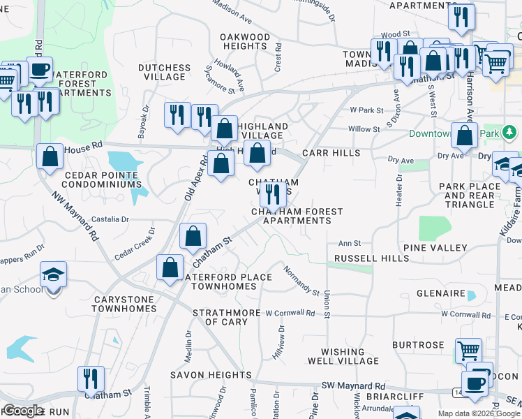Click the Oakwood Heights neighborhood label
245,41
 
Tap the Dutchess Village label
164,72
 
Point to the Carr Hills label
331,152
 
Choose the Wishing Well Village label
343,356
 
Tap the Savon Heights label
210,375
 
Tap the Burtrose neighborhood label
418,345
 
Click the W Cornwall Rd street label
290,313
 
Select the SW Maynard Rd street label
353,385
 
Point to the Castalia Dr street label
111,219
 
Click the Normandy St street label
301,281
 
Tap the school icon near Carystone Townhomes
54,275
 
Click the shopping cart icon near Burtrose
468,349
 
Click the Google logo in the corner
23,411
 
